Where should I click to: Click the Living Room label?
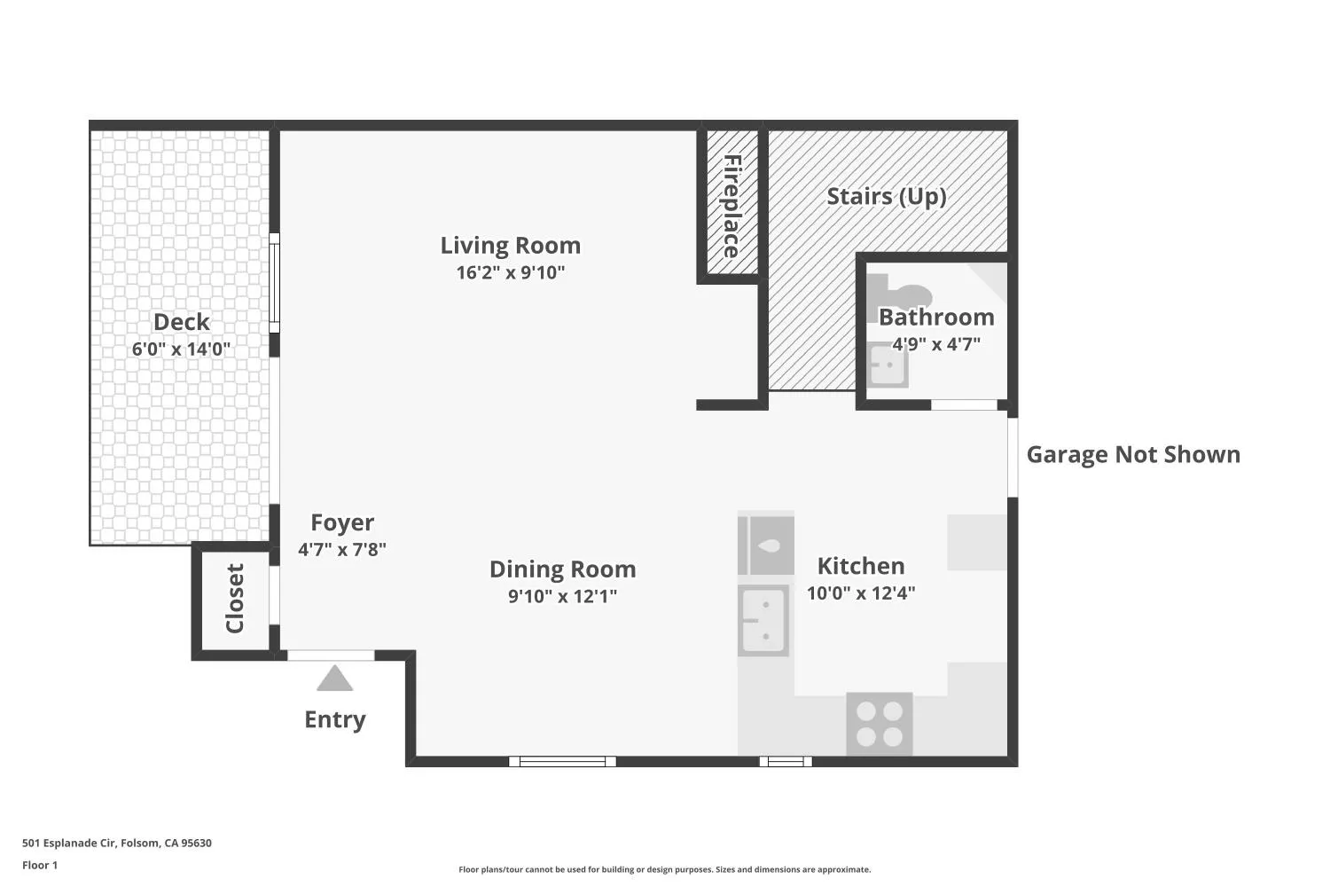click(510, 246)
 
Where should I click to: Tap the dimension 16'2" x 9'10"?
click(510, 272)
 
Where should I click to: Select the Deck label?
click(182, 322)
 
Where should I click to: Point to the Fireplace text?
click(732, 206)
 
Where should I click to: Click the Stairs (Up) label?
click(887, 197)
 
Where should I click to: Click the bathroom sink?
click(887, 365)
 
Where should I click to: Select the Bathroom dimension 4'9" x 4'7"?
click(936, 344)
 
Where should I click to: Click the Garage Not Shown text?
click(1133, 454)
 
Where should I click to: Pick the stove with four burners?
click(880, 724)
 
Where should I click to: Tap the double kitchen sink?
click(763, 620)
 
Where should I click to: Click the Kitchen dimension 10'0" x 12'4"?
click(861, 593)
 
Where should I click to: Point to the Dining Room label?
click(563, 569)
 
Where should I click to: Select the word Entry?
click(335, 719)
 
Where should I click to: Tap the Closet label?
click(235, 598)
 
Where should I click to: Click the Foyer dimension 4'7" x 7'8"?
click(342, 550)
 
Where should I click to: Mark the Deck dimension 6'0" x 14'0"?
click(181, 349)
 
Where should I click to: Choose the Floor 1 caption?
click(40, 865)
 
